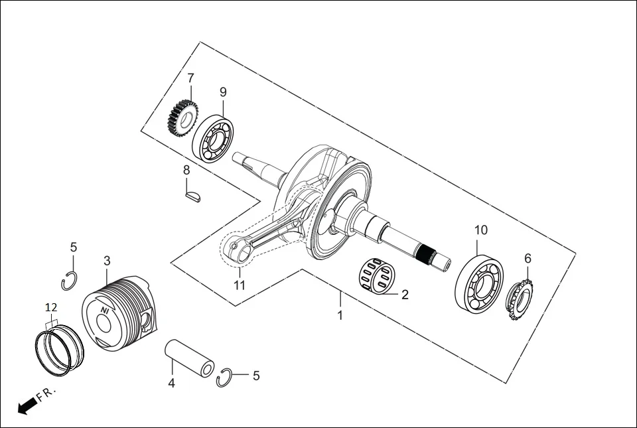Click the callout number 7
(190, 78)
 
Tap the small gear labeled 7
(180, 117)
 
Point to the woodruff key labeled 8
(192, 196)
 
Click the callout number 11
(240, 285)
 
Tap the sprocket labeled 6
(520, 300)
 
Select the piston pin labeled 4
(190, 359)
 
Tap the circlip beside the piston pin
(225, 377)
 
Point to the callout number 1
(340, 315)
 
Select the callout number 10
(481, 230)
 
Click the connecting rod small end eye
(236, 250)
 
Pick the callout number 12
(51, 308)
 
